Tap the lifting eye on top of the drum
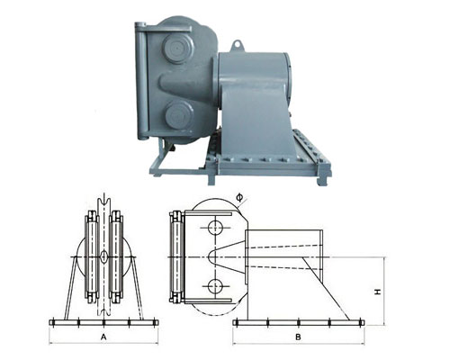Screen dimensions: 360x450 pyautogui.click(x=237, y=41)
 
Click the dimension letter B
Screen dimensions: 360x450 pyautogui.click(x=297, y=336)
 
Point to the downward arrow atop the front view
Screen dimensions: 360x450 pyautogui.click(x=104, y=199)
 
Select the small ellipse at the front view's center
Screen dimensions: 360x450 pyautogui.click(x=104, y=257)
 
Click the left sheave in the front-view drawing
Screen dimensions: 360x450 pyautogui.click(x=93, y=256)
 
